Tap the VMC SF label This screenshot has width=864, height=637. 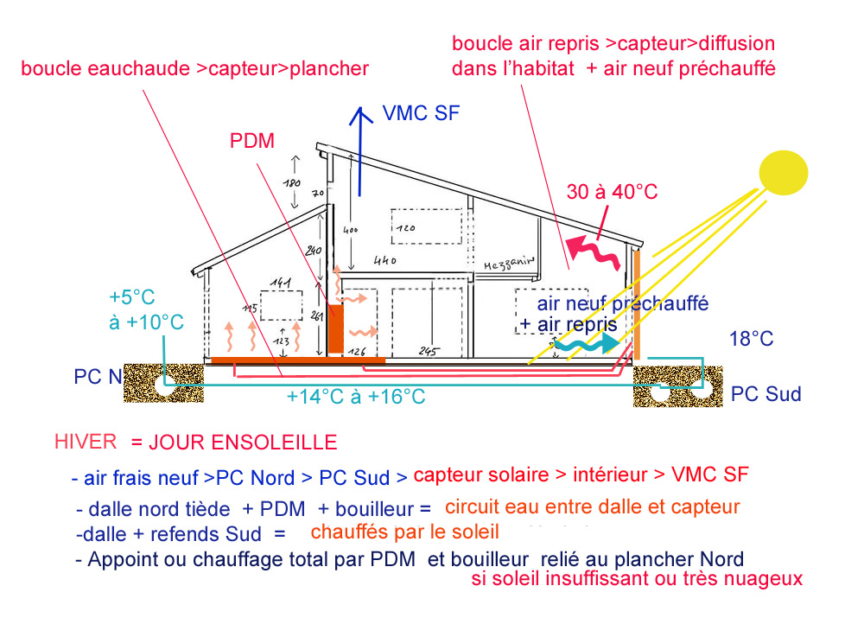point(418,113)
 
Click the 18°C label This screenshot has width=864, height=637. point(750,339)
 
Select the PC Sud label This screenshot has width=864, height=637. point(766,395)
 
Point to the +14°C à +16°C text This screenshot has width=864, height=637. point(356,397)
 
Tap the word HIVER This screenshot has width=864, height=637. point(85,442)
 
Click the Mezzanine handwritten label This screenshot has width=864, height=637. point(511,264)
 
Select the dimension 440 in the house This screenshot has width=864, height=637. point(386,259)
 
